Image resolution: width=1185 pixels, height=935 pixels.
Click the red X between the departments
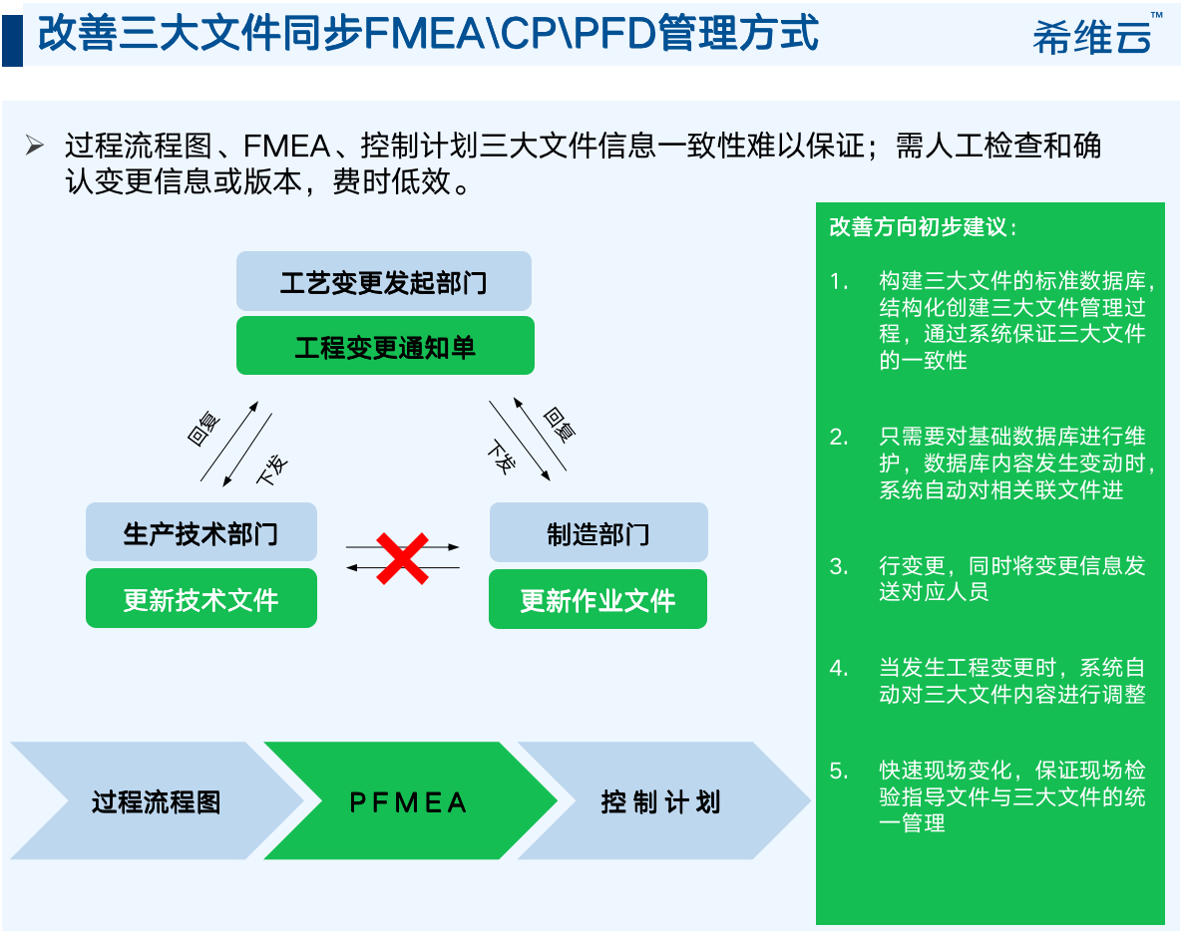point(402,557)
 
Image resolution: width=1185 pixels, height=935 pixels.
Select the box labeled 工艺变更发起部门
point(383,282)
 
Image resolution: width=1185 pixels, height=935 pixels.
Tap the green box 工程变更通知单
point(385,347)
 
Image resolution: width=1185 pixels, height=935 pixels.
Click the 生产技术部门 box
point(200,532)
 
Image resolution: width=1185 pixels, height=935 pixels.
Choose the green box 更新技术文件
point(200,599)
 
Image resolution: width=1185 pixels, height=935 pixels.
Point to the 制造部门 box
point(597,532)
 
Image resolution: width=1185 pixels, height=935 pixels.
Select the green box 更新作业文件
point(597,600)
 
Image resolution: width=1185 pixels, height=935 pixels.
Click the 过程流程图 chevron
point(156,801)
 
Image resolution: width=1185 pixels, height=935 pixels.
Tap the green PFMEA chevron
point(409,801)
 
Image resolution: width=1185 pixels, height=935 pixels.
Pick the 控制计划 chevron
point(660,801)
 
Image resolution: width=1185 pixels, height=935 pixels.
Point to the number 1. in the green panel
point(839,281)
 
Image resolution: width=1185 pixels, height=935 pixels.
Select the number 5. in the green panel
point(839,771)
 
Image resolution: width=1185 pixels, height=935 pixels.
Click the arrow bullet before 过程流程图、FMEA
point(36,146)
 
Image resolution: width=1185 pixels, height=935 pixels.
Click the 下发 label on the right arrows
point(502,458)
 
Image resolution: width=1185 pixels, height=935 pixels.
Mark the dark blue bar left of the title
point(12,35)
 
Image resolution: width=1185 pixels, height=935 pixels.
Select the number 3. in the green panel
point(839,566)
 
